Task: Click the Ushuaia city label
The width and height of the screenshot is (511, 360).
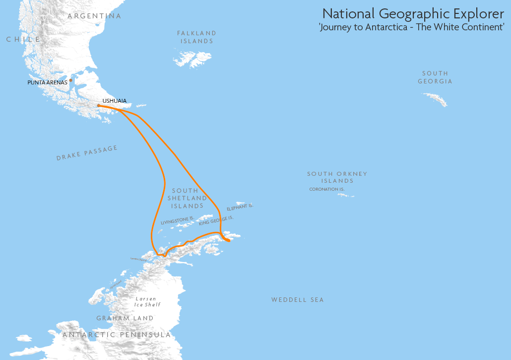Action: coord(114,101)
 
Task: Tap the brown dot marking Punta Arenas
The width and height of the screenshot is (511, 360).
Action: coord(70,80)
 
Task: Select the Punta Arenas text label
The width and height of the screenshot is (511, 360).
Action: coord(47,82)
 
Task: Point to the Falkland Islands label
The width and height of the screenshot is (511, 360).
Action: coord(196,37)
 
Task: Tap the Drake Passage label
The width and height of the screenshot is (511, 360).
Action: coord(87,153)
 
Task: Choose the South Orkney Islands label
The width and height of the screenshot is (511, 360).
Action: coord(337,177)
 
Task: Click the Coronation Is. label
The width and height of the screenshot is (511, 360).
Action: coord(326,189)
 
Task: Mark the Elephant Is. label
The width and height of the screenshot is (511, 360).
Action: coord(240,207)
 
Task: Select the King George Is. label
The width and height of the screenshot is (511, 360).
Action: coord(216,221)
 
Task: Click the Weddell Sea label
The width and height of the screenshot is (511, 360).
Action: coord(297,300)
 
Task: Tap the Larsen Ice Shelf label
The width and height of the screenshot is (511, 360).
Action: coord(147,301)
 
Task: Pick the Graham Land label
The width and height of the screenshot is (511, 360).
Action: coord(125,318)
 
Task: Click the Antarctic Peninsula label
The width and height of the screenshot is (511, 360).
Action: coord(117,335)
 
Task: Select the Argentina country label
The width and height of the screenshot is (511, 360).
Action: coord(94,16)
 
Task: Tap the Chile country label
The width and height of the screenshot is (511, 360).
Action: coord(23,39)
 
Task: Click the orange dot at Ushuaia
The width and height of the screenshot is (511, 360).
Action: coord(99,105)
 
